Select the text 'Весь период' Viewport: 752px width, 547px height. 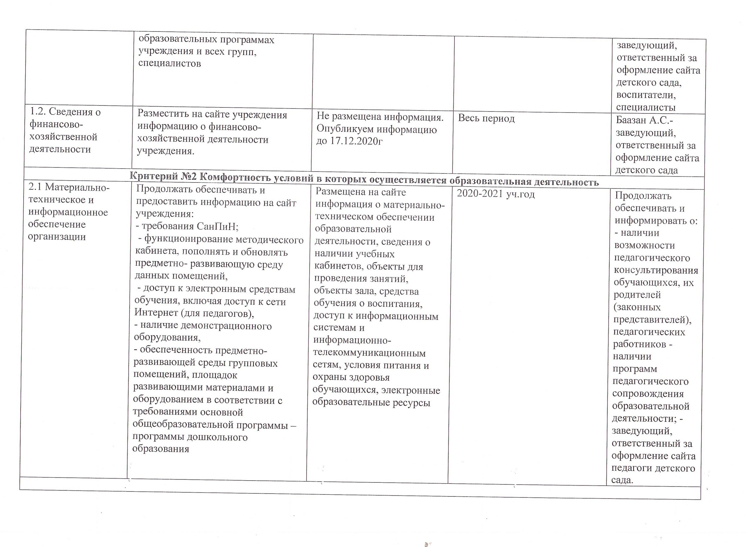click(486, 118)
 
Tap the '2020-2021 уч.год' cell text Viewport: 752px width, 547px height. click(496, 194)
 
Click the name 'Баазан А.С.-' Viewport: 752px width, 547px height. click(644, 120)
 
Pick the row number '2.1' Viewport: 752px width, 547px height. click(35, 187)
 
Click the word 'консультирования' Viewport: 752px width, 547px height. click(656, 271)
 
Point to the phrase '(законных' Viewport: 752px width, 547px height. click(637, 307)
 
